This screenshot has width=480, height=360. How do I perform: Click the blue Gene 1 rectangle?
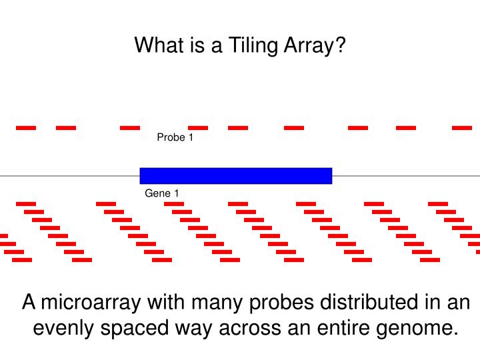(x=235, y=176)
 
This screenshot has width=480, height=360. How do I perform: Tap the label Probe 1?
(x=175, y=138)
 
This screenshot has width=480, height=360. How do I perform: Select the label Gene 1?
(x=162, y=193)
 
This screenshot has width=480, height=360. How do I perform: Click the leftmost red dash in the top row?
(x=26, y=127)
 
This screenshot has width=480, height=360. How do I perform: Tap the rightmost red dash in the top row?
(x=461, y=127)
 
